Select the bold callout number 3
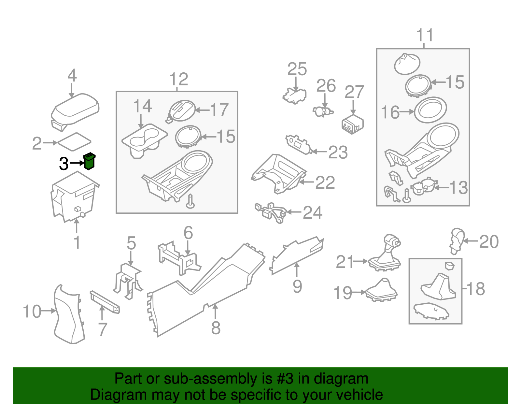64,164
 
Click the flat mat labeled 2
74,141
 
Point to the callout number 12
179,79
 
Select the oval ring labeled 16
430,110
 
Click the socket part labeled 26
322,112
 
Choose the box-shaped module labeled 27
352,124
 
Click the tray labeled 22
279,173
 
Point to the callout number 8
216,328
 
